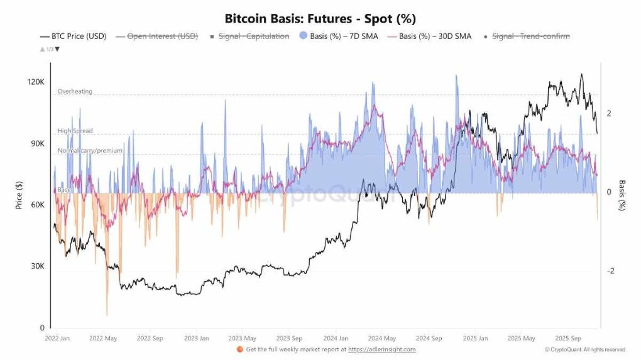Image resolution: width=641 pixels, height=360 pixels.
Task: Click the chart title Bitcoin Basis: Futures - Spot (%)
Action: tap(320, 19)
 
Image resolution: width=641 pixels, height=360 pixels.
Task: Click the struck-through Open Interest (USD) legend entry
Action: tap(162, 36)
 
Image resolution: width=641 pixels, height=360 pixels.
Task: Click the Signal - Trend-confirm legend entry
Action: tap(530, 36)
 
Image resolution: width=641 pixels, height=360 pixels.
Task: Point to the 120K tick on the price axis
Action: tap(36, 82)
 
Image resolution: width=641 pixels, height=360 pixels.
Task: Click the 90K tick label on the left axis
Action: tap(38, 143)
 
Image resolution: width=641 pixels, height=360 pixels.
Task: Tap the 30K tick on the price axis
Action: tap(38, 266)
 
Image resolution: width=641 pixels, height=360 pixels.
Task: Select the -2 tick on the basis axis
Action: tap(610, 271)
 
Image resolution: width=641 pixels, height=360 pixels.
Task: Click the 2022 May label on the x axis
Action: tap(103, 338)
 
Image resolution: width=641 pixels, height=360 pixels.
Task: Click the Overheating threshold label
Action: tap(75, 91)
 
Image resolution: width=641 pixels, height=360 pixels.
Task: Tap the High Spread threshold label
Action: tap(75, 131)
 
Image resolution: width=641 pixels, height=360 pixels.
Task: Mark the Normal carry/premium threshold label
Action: tap(90, 151)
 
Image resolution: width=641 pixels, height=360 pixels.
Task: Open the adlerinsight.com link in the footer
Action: tap(381, 349)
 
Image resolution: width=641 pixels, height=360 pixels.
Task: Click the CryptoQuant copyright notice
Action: tap(584, 349)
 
